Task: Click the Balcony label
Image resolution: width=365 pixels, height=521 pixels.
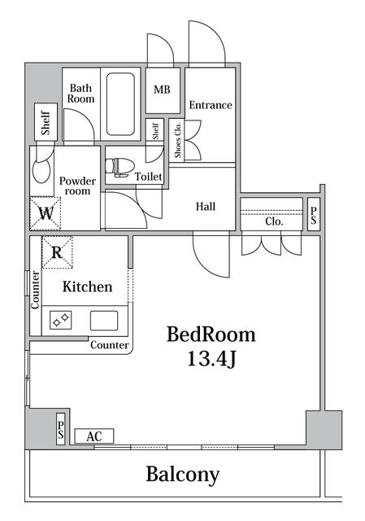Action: click(183, 475)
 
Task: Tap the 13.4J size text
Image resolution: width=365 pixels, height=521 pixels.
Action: click(211, 358)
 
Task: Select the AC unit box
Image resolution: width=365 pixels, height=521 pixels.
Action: click(94, 436)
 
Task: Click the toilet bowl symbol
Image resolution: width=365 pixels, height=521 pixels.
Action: click(119, 167)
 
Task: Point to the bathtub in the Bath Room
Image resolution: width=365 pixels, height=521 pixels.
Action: click(121, 104)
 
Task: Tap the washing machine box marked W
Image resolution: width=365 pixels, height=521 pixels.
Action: click(46, 213)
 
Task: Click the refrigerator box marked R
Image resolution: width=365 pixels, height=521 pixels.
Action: click(57, 252)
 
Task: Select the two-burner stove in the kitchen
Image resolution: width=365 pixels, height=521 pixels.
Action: click(61, 320)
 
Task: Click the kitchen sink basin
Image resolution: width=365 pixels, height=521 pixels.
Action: click(104, 321)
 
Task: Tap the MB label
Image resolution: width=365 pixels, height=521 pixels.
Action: click(162, 90)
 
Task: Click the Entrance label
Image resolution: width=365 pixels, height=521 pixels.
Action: click(211, 105)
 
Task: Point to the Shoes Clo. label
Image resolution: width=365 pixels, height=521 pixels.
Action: click(178, 139)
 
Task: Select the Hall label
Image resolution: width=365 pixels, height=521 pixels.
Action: click(206, 207)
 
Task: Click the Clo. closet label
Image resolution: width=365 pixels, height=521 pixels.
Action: click(274, 221)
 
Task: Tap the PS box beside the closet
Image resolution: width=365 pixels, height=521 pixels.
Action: click(314, 214)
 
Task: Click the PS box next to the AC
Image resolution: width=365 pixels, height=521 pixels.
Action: click(61, 429)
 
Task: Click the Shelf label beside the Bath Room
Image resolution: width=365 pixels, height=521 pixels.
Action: click(46, 123)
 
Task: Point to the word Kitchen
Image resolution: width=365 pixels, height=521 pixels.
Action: click(88, 287)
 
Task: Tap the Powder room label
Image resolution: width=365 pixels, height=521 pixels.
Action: click(78, 186)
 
